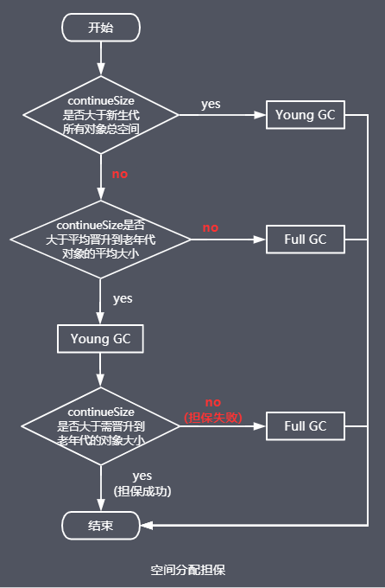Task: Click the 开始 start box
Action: click(101, 28)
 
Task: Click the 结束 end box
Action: click(101, 525)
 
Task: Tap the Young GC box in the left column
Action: click(101, 338)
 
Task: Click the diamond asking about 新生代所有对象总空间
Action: click(101, 114)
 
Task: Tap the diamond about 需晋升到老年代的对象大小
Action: click(101, 425)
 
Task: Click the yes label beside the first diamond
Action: click(211, 104)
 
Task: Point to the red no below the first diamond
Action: click(119, 174)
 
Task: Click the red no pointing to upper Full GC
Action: click(211, 227)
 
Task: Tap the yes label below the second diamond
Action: click(123, 298)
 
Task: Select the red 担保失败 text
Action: click(213, 418)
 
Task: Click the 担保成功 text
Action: click(142, 491)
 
